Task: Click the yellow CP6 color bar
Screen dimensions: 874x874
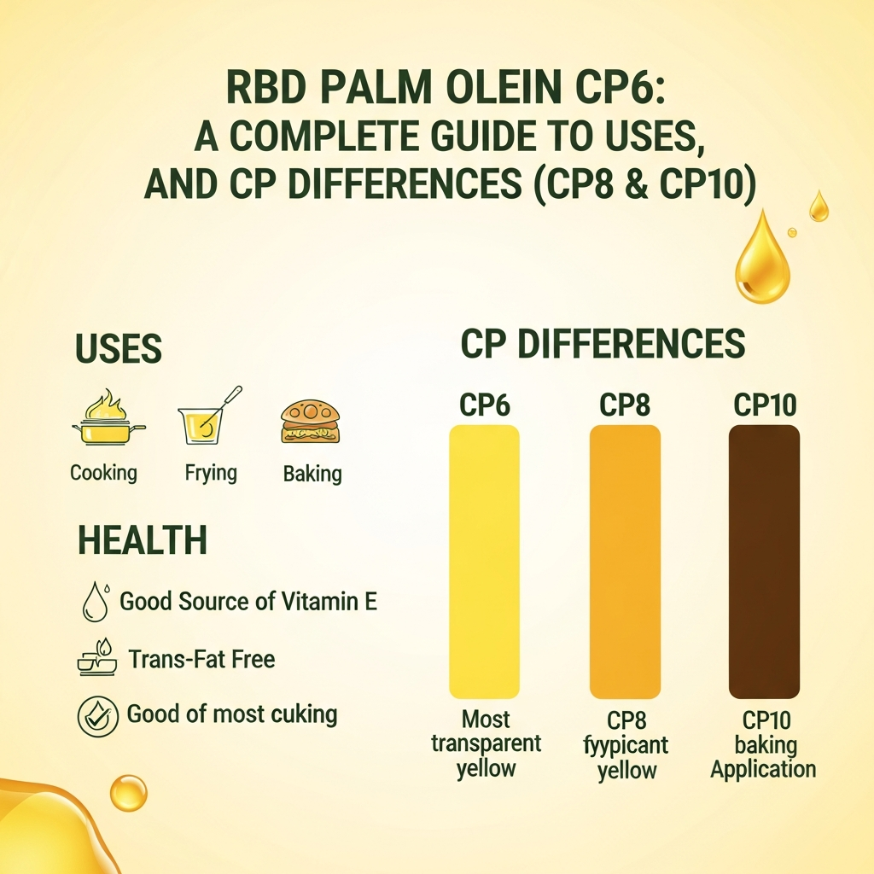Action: [484, 562]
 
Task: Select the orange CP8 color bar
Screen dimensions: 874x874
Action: [625, 562]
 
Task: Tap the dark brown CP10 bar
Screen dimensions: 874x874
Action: [764, 562]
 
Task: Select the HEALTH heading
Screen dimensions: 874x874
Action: [142, 540]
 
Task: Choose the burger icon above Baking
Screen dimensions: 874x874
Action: [311, 422]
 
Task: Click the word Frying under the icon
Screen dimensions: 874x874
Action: [211, 473]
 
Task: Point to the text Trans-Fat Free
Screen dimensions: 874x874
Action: [201, 659]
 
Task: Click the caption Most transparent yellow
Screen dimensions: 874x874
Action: [486, 743]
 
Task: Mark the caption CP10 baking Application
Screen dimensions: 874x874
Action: [764, 745]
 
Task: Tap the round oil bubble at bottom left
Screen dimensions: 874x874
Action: [128, 793]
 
